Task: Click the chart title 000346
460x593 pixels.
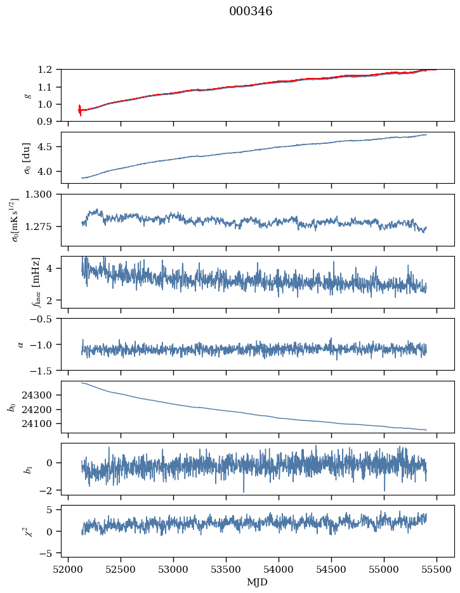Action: click(x=251, y=11)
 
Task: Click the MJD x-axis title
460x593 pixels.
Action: click(x=257, y=582)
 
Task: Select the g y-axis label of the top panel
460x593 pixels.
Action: click(x=27, y=95)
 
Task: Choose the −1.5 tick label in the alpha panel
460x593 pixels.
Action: click(x=45, y=370)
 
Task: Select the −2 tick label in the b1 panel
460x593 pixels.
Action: click(x=49, y=490)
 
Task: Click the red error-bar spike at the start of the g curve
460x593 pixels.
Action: click(x=80, y=110)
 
